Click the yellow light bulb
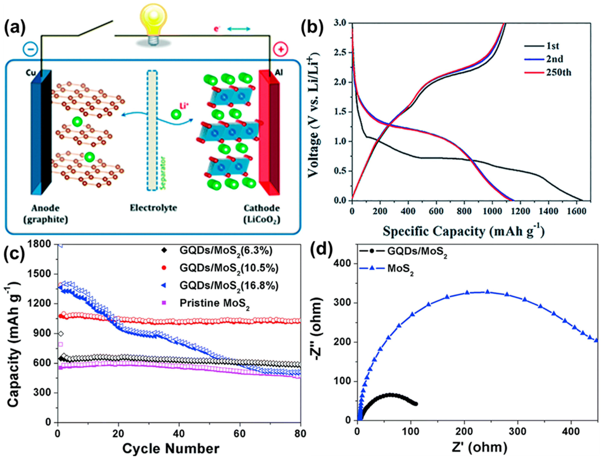point(153,19)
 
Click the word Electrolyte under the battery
point(153,208)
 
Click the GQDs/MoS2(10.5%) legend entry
point(229,268)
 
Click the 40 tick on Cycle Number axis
point(179,433)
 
